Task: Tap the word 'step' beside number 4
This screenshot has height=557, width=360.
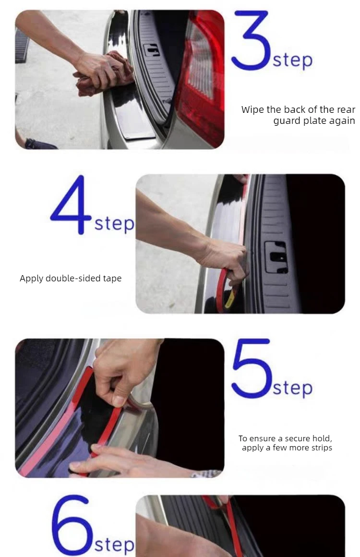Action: (114, 224)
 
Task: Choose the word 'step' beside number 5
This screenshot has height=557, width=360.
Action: (292, 388)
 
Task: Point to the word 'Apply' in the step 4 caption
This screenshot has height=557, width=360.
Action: (31, 278)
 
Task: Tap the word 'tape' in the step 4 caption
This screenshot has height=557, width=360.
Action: (112, 278)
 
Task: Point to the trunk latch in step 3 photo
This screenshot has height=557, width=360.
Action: (152, 49)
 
